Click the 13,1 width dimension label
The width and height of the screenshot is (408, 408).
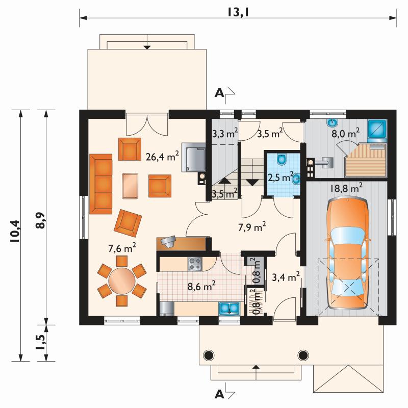click(238, 12)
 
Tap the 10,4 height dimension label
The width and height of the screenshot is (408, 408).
click(15, 232)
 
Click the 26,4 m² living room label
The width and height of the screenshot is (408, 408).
click(162, 156)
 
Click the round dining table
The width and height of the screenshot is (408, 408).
click(122, 281)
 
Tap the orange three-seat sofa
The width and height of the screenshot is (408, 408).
click(100, 184)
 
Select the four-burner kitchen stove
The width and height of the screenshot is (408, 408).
click(195, 264)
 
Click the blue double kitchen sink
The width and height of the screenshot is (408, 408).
click(229, 309)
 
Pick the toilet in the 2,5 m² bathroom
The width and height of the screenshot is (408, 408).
click(282, 160)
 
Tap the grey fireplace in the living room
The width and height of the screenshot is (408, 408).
click(193, 157)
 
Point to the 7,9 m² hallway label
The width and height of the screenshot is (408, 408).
click(252, 226)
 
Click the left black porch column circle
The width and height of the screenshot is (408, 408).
click(209, 354)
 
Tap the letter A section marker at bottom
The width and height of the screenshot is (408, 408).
click(219, 394)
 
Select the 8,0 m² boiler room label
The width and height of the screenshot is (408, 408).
click(346, 134)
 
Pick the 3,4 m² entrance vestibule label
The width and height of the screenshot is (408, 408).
click(286, 277)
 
